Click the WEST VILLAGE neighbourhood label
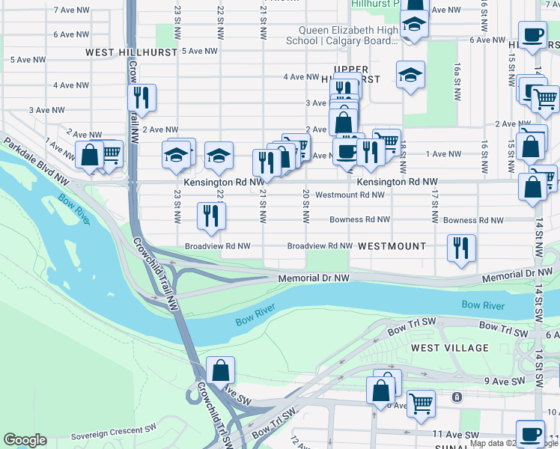click(x=449, y=348)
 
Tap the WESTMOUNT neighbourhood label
click(x=392, y=246)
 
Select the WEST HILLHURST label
click(x=131, y=52)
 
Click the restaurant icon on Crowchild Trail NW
click(x=141, y=97)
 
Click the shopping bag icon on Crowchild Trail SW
click(x=221, y=370)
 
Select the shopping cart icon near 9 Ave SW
click(x=421, y=403)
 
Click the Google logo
click(x=25, y=440)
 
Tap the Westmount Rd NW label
click(x=350, y=195)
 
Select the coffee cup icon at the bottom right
click(x=531, y=434)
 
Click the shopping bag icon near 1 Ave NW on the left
click(x=89, y=155)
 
